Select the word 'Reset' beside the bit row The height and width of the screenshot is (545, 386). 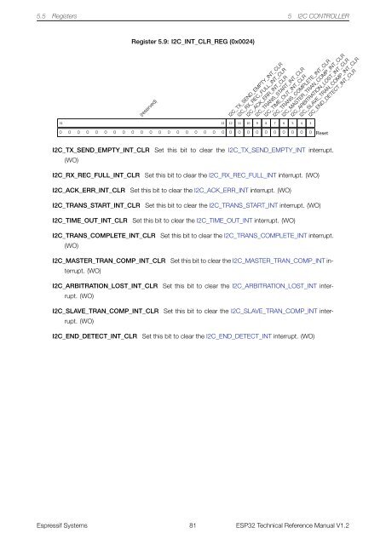click(322, 134)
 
